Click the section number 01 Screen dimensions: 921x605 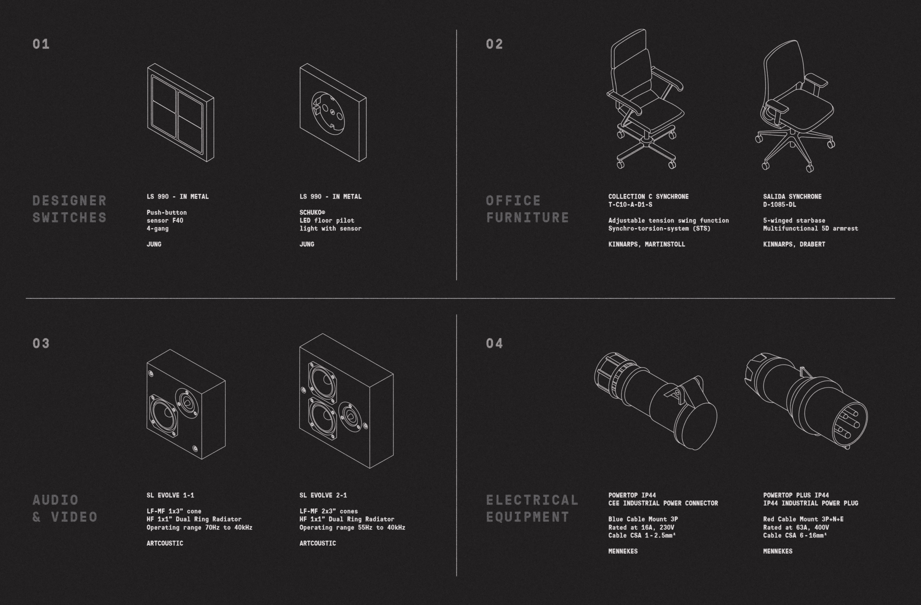(41, 44)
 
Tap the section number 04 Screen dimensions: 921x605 (494, 343)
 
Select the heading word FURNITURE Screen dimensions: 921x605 (527, 217)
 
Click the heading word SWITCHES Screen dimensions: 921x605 (70, 217)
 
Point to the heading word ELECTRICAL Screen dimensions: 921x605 (532, 500)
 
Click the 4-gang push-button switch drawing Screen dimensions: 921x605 (180, 112)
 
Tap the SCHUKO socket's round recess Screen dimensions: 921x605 (327, 113)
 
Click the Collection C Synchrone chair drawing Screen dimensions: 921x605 (645, 99)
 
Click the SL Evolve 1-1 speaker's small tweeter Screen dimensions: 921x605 (187, 403)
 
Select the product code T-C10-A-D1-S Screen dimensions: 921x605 (630, 205)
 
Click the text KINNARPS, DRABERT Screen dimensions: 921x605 (794, 244)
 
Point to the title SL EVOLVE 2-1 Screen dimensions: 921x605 (323, 495)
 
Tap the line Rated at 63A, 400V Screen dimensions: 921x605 (796, 527)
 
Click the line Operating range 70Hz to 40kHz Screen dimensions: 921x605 (199, 527)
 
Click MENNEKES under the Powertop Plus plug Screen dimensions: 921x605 (778, 551)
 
